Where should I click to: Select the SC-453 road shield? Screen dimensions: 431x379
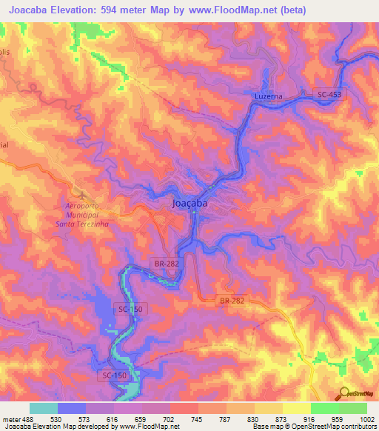[331, 94]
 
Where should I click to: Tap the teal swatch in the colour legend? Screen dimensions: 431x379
[44, 409]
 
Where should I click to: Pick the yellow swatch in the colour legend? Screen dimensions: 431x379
[296, 409]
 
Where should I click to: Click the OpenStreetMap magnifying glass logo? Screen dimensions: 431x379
[343, 392]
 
